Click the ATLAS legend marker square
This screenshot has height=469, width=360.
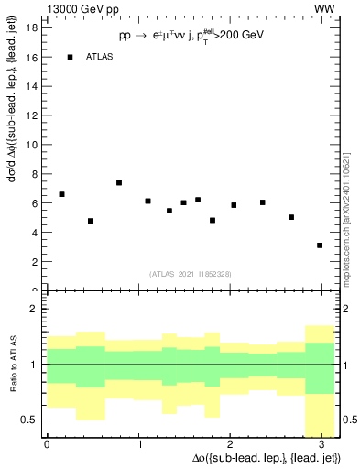(71, 57)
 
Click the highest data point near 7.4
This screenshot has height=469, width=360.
(119, 182)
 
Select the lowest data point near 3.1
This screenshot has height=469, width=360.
(320, 245)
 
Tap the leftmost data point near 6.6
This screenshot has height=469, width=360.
(61, 194)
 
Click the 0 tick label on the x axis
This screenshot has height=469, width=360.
(47, 444)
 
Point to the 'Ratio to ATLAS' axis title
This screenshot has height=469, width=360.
(13, 365)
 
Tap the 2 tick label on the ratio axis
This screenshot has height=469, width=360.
(33, 309)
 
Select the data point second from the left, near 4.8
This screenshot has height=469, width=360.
(91, 221)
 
